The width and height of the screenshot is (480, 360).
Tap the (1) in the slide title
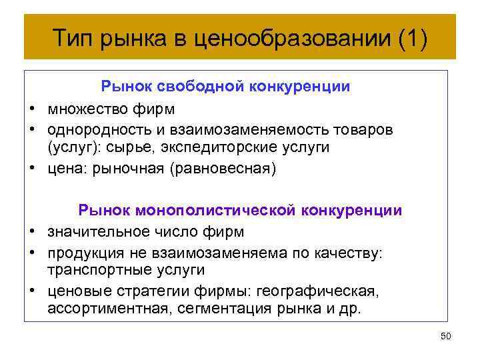pos(411,37)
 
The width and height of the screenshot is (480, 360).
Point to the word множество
pos(83,107)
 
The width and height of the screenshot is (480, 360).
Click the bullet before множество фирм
pos(31,107)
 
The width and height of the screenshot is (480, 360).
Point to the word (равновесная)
pos(222,168)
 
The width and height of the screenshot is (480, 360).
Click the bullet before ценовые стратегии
pos(31,291)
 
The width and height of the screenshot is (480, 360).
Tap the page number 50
pos(445,336)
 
